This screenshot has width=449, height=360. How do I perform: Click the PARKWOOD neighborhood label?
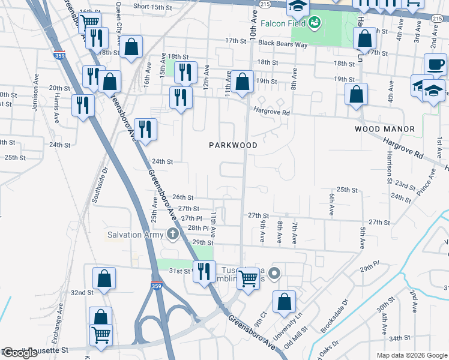pos(234,145)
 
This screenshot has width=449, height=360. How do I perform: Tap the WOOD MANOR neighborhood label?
pos(385,129)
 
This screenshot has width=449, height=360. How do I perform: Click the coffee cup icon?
pos(435,64)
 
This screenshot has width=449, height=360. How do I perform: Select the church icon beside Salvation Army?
pos(173,234)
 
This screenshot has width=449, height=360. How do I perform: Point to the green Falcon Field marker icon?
pos(313,23)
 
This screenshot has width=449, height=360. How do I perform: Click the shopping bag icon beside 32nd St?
pos(104,278)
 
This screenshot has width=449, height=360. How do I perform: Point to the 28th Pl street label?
pos(197,229)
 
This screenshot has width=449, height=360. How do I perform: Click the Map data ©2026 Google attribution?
pos(411,355)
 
